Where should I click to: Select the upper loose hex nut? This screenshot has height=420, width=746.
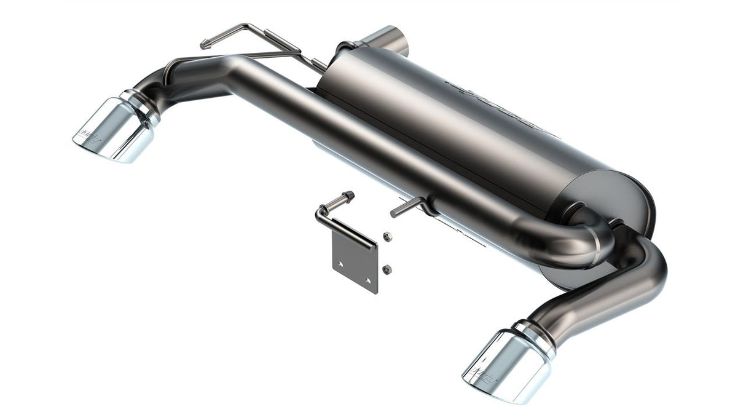[x=387, y=236]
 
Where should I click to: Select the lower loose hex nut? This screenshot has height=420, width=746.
[x=387, y=267]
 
